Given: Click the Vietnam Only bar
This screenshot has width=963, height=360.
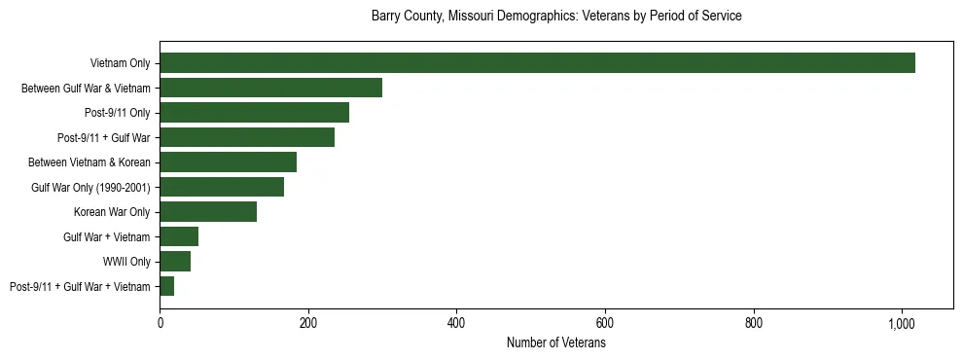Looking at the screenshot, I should (x=537, y=63).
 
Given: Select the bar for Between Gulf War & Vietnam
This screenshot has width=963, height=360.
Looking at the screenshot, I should (x=270, y=88).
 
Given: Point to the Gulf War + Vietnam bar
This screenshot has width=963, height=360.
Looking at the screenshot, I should (x=179, y=236).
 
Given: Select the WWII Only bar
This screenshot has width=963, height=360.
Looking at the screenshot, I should (x=175, y=262).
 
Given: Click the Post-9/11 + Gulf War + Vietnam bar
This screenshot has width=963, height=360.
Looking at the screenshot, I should (x=167, y=286).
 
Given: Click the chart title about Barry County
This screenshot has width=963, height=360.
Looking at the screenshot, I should (x=556, y=17).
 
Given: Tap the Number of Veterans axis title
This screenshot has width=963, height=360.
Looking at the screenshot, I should (x=556, y=343).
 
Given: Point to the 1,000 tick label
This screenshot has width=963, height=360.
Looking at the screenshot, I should (x=902, y=323).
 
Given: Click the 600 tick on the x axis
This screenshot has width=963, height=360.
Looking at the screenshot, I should (x=605, y=323).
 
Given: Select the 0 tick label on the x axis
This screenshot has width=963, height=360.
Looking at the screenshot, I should (x=160, y=323).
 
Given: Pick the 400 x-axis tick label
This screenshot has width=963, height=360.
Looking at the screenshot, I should (x=457, y=323).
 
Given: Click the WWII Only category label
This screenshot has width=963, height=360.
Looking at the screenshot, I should (x=126, y=262).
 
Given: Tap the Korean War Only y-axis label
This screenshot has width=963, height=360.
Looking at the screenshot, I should (x=112, y=212).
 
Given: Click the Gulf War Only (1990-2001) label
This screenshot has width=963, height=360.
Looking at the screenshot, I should (x=90, y=187).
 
